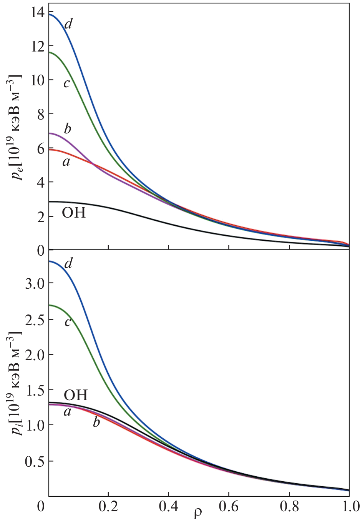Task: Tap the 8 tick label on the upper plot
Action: [x=40, y=115]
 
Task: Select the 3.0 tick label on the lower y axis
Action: [x=34, y=283]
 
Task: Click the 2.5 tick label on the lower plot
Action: [x=34, y=319]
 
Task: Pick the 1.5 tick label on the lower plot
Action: [x=34, y=390]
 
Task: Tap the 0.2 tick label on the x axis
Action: [x=108, y=506]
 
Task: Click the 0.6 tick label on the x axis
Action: [x=229, y=506]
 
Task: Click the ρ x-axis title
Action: [x=197, y=512]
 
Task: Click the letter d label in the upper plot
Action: [x=68, y=24]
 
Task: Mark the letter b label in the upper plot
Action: [x=67, y=128]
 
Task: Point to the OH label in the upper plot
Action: [x=74, y=213]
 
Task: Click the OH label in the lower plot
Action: [x=76, y=395]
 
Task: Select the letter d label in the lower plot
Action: [x=68, y=263]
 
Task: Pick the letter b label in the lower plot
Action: [x=96, y=423]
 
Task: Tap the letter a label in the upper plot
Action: [x=66, y=162]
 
